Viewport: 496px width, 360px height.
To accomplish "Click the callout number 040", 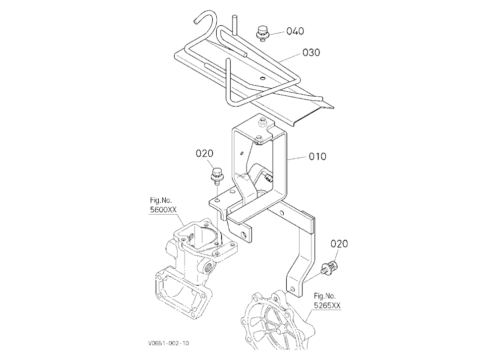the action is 295,31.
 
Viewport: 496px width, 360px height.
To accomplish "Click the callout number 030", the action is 311,53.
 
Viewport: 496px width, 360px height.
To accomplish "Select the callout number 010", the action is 317,156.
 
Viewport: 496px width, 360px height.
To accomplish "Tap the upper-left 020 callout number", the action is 204,153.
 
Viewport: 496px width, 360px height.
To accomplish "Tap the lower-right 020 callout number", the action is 339,243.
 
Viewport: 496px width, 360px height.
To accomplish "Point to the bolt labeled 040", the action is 261,33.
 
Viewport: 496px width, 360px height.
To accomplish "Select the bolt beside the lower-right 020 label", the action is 329,268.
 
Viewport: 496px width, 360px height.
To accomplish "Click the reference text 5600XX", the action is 163,209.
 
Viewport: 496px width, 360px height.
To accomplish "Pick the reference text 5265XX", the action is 327,305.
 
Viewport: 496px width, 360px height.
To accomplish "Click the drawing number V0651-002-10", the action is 168,343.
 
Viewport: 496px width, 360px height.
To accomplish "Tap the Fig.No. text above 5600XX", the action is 161,200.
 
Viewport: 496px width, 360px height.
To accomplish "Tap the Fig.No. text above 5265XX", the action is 324,296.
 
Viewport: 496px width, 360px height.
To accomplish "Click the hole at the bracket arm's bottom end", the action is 292,289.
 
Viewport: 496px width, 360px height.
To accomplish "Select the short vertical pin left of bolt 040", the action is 235,24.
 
